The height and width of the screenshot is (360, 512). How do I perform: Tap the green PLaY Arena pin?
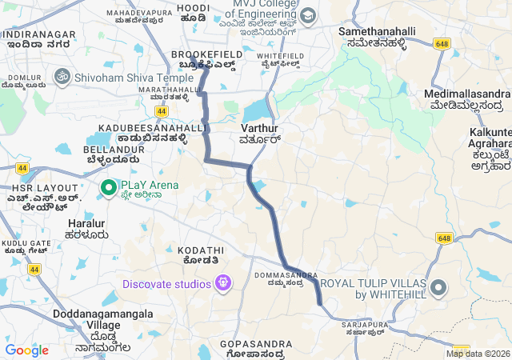point(109,188)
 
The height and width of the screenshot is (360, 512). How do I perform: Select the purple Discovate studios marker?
point(223,282)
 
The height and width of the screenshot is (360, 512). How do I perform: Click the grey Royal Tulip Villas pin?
point(438,287)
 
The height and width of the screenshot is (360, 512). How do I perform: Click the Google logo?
point(26,350)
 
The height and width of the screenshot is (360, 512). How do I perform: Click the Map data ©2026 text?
point(478,354)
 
